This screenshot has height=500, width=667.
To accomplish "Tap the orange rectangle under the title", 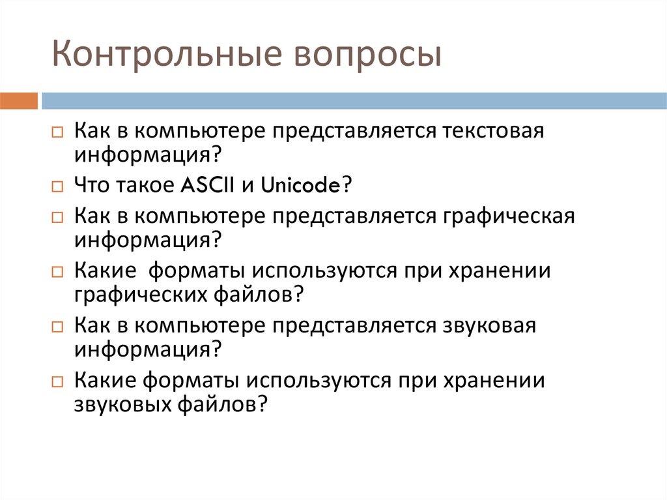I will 19,101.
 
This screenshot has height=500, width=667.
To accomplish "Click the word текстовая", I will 492,130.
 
